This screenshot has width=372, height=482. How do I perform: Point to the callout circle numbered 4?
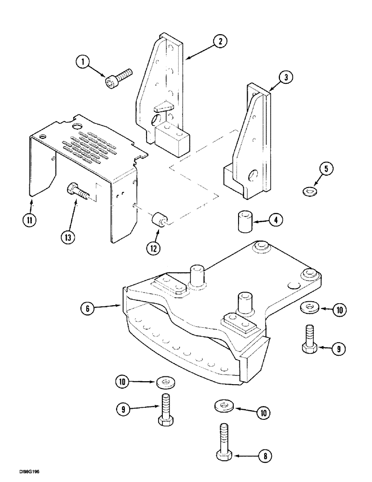pyautogui.click(x=276, y=221)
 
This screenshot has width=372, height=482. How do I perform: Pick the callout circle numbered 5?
pyautogui.click(x=326, y=169)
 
